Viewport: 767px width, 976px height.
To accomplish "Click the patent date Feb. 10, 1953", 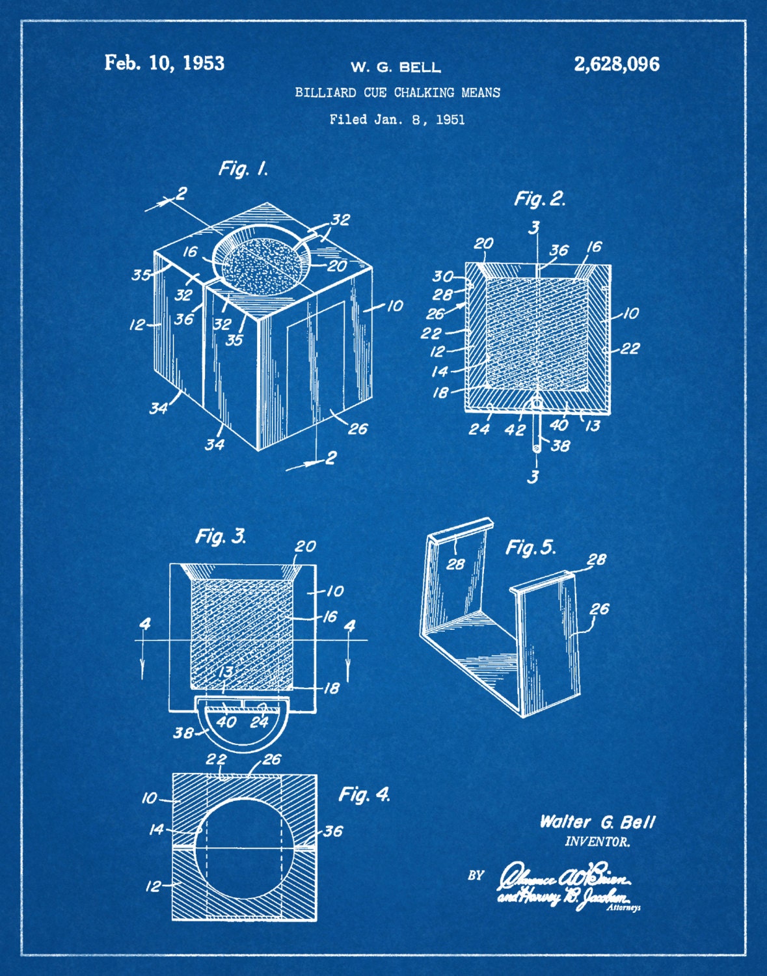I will [x=165, y=63].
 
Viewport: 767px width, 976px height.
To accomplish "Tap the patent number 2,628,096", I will [x=616, y=64].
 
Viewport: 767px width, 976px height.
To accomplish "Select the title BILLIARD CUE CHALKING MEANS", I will [x=397, y=92].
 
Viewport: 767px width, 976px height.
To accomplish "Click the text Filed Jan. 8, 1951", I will [x=397, y=119].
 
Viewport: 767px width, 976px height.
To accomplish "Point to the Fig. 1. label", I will [x=243, y=169].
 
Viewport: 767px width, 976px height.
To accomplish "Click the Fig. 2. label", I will [x=539, y=198].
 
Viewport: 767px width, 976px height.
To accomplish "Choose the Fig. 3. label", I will [x=221, y=536].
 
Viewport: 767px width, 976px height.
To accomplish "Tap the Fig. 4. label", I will [x=364, y=794].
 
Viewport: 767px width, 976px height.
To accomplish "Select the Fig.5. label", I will [x=531, y=547].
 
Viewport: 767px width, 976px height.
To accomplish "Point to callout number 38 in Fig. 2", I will [x=560, y=445].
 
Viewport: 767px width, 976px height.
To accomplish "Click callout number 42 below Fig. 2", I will [x=515, y=429].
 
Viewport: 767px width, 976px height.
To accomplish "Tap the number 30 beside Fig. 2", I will [x=442, y=276].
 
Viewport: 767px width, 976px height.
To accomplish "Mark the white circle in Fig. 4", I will [x=244, y=847].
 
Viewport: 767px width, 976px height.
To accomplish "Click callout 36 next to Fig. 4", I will [x=332, y=831].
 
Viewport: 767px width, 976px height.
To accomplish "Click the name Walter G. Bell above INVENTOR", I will [x=597, y=822].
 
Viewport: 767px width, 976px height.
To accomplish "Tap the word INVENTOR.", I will [x=597, y=842].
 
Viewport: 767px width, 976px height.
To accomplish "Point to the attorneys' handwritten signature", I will [x=563, y=889].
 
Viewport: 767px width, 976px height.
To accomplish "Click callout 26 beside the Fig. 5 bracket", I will [x=599, y=608].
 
